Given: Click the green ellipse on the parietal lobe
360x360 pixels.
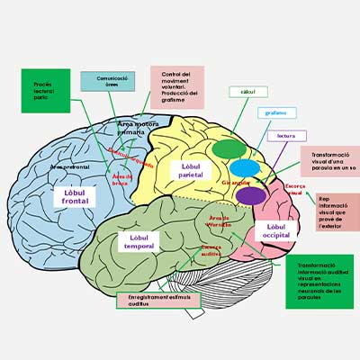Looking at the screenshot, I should pos(229,148).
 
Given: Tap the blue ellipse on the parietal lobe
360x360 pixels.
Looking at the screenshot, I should pos(244,168).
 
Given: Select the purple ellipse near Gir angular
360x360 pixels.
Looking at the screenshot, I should pos(252,194).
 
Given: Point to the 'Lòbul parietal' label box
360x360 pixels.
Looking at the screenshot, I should pos(191,170).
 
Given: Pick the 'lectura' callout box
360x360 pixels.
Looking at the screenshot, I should pos(286,136).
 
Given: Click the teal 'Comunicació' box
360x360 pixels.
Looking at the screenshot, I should pos(108,82).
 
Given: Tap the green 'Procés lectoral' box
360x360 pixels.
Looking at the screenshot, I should pos(45,90).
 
